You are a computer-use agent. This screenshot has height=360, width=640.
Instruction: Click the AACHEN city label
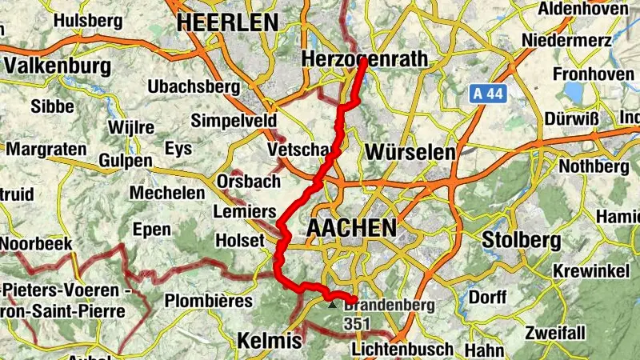pos(351,229)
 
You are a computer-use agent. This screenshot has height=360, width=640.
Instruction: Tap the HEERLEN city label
pos(228,22)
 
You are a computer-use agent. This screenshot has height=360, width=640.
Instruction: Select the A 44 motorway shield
pos(487,94)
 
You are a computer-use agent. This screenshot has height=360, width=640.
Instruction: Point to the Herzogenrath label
pos(365,59)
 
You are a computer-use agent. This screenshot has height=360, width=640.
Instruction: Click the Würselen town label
pos(410,151)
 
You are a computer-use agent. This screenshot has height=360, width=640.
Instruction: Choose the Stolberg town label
pos(519,239)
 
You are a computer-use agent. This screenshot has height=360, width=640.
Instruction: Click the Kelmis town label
pos(270,341)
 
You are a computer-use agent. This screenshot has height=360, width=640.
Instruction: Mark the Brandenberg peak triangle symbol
pos(332,305)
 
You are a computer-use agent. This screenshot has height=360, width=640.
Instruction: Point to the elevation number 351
pos(358,323)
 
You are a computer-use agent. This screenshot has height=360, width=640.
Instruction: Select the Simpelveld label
pos(234,121)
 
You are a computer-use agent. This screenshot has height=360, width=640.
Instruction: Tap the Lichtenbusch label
pos(402,350)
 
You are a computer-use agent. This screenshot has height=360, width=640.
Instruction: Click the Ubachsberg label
pos(194,86)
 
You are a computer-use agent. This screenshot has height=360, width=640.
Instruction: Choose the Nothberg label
pos(594,166)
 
